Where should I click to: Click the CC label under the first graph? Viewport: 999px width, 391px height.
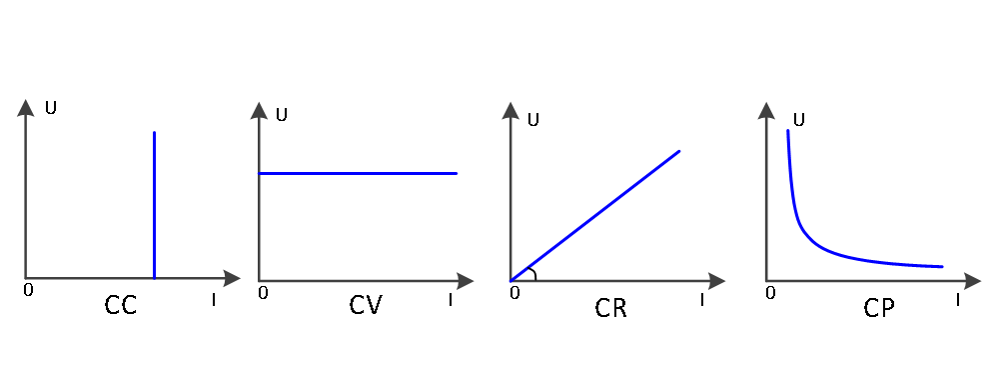pos(121,306)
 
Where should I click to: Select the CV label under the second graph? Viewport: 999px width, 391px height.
pos(365,306)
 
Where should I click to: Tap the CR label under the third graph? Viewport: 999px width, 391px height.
pos(611,309)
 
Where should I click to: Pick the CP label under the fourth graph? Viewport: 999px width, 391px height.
pos(879,309)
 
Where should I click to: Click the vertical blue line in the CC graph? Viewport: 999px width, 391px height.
pos(154,205)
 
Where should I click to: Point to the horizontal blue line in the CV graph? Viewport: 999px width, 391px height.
pos(358,173)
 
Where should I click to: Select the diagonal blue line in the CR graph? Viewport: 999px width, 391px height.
pos(595,216)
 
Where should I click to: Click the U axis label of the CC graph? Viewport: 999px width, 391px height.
pos(51,108)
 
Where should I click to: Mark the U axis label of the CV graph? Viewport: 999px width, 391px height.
pos(281,115)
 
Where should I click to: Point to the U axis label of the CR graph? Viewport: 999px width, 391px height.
pos(533,120)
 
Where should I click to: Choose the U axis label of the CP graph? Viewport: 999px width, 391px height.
pos(798,120)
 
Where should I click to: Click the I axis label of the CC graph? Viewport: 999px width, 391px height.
pos(214,300)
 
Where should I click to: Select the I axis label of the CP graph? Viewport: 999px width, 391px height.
pos(958,300)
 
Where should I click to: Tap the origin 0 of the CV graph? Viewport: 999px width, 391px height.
pos(263,293)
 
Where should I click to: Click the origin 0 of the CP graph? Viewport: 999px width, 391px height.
pos(770,293)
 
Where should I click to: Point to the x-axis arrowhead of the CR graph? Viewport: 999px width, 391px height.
pos(716,281)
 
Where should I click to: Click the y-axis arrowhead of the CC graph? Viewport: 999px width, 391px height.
pos(26,108)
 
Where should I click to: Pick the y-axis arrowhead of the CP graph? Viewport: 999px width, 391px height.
pos(766,110)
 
